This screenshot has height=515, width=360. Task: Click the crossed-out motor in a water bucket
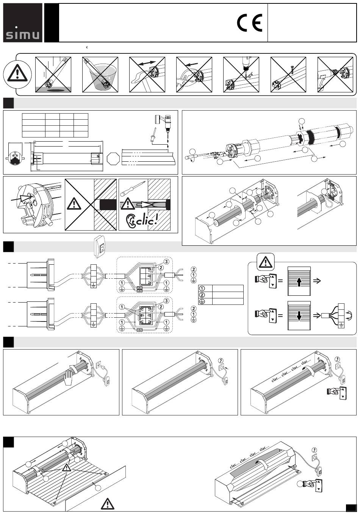click(x=100, y=74)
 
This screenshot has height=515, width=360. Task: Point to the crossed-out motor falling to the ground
click(x=53, y=74)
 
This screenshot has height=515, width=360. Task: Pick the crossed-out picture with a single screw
click(x=288, y=74)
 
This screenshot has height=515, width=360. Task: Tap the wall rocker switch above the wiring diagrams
click(x=100, y=246)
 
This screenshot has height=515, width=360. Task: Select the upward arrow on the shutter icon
click(x=299, y=282)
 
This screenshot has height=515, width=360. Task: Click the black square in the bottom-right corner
click(x=351, y=507)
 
